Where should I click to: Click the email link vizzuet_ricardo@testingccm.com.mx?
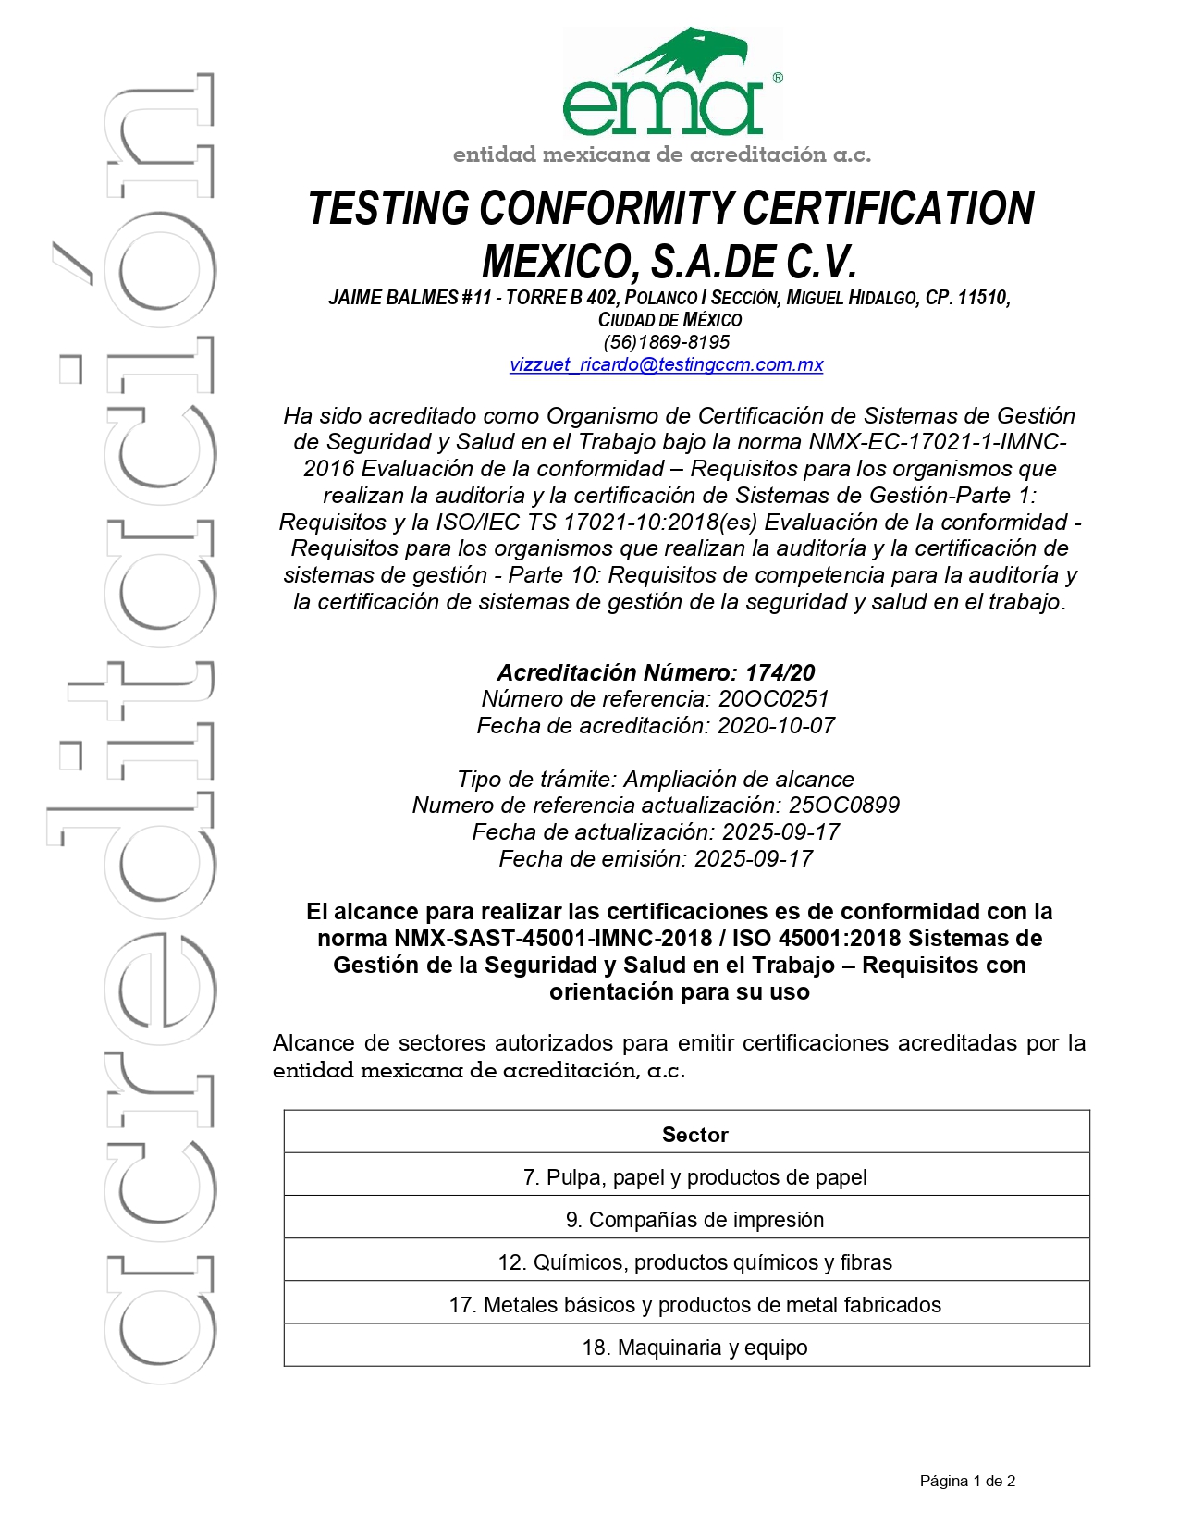coord(666,364)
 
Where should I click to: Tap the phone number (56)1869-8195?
coord(666,342)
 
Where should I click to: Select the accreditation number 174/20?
coord(780,672)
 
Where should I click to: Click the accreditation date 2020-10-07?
coord(776,726)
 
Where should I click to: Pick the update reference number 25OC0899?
coord(843,806)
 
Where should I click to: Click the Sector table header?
coord(694,1135)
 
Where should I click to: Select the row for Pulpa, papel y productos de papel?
coord(694,1177)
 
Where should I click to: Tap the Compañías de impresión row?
coord(694,1220)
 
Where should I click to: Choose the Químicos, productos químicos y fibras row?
coord(694,1262)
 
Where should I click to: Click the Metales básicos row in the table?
coord(694,1305)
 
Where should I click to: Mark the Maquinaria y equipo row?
coord(694,1348)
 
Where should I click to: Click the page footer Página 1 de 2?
coord(967,1481)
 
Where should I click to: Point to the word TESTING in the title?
coord(389,208)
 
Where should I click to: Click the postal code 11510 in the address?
coord(982,298)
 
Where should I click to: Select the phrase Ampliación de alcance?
coord(739,780)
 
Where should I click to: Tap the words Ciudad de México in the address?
coord(669,320)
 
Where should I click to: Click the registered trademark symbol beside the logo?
coord(778,79)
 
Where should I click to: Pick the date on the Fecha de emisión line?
coord(754,859)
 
